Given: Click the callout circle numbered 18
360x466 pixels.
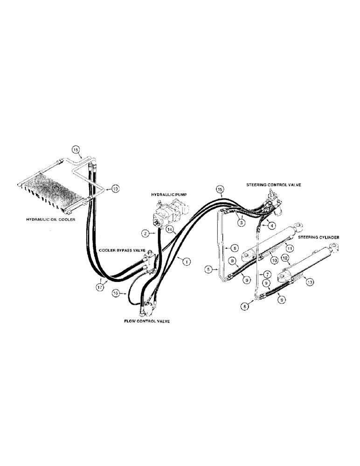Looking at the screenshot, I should [76, 150].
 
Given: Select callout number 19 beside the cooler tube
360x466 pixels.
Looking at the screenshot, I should [115, 189].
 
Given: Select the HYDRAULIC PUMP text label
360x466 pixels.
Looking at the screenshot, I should [168, 194].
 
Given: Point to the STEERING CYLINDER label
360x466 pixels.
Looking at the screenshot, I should [319, 237].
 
